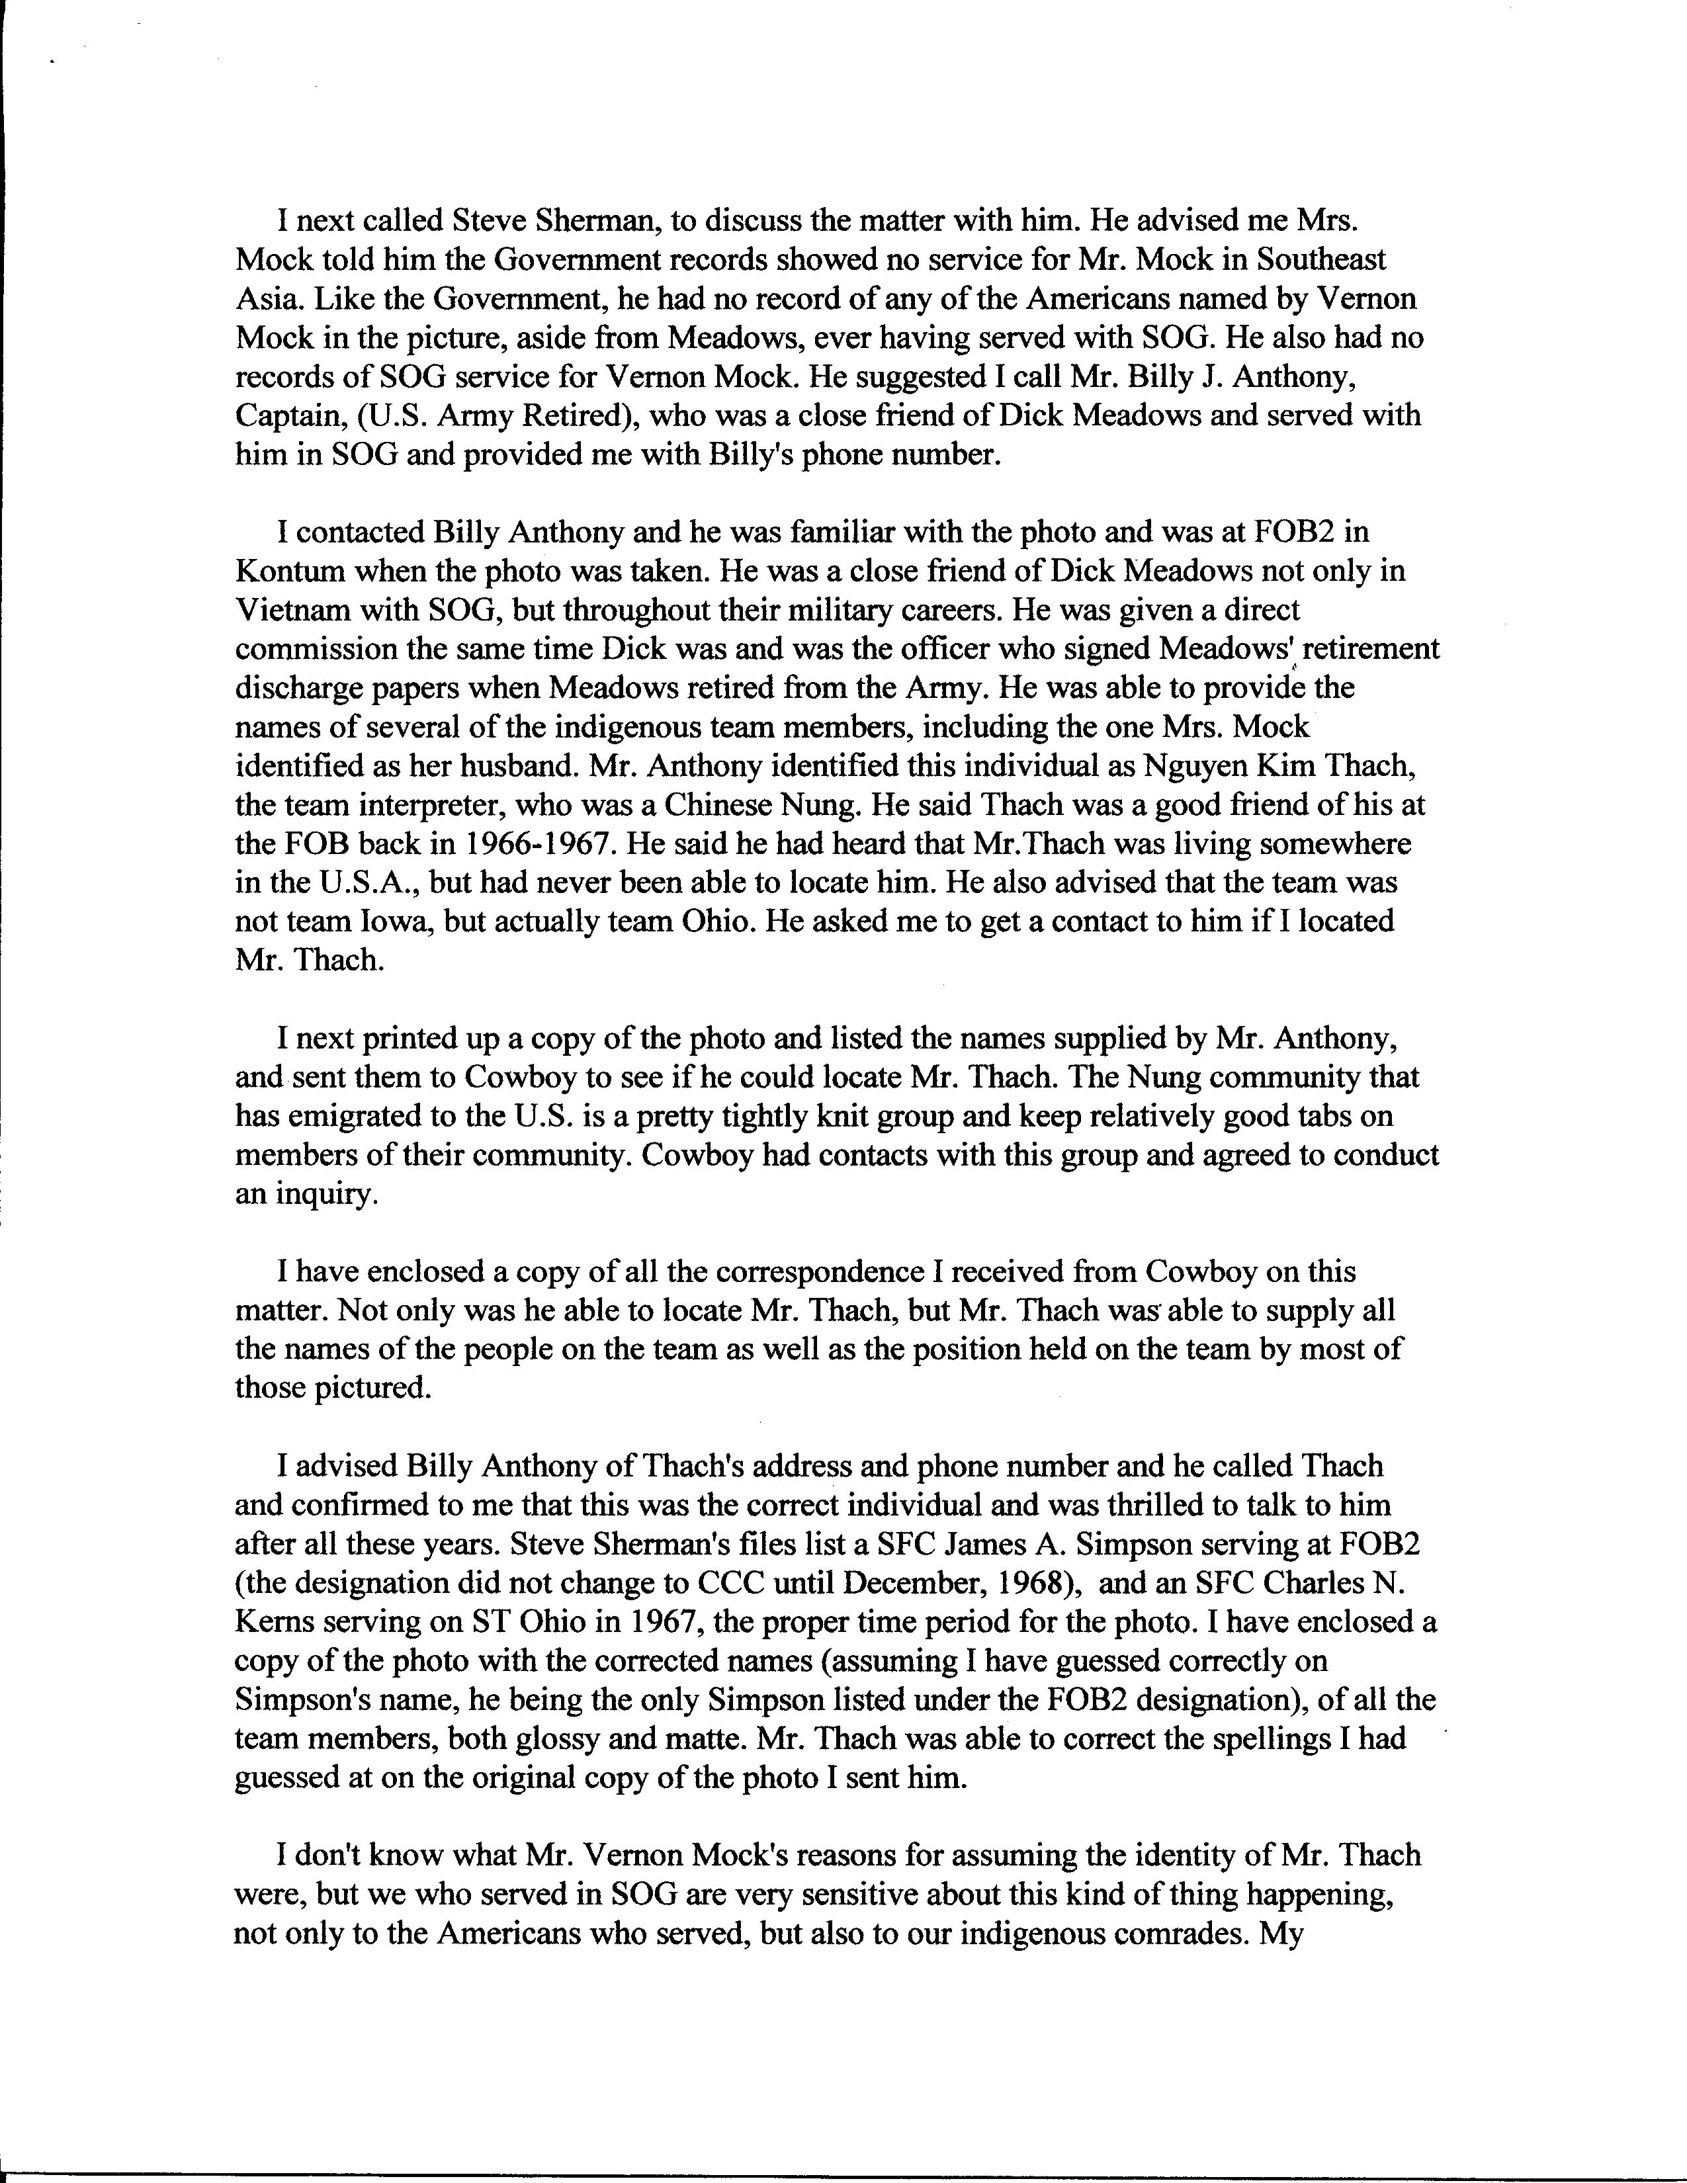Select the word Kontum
pyautogui.click(x=290, y=571)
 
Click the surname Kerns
pyautogui.click(x=273, y=1622)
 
